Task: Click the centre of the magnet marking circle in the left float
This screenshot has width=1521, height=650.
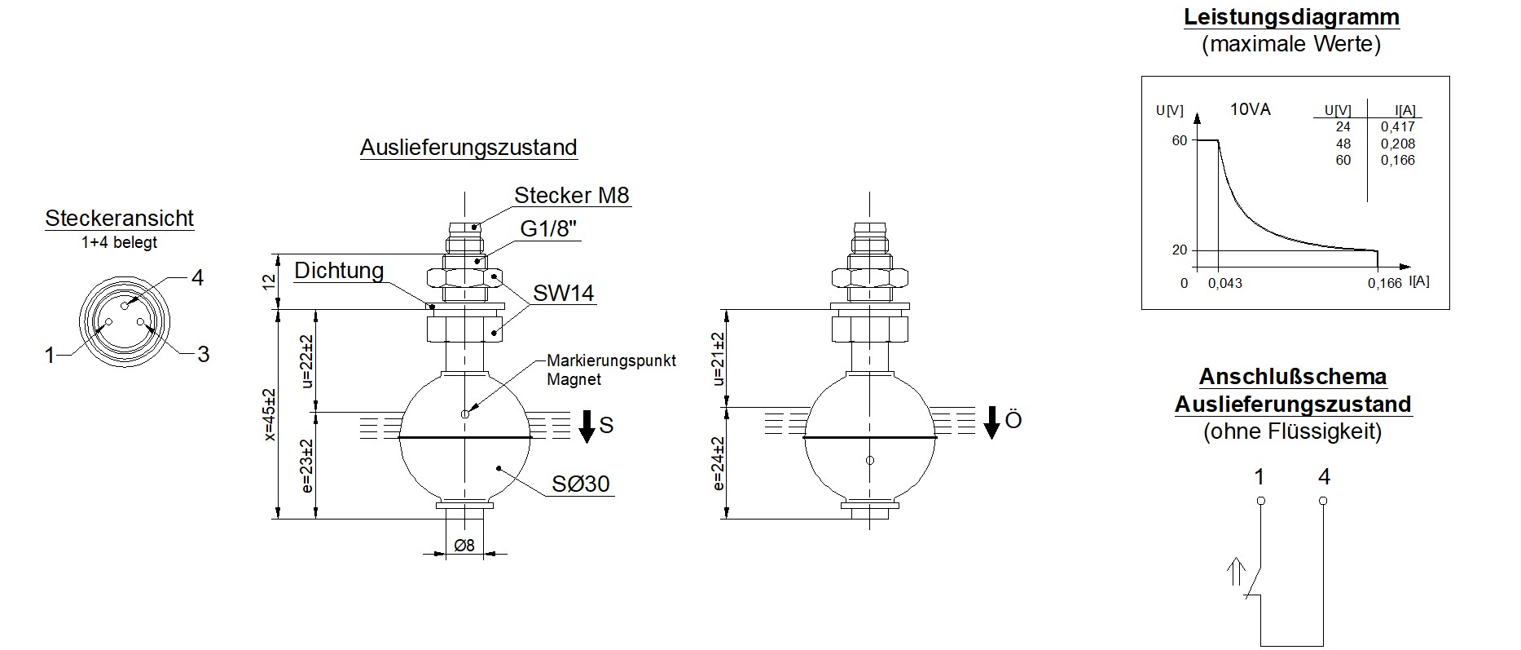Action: coord(464,414)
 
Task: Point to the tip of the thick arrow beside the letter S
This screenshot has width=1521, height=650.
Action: coord(587,443)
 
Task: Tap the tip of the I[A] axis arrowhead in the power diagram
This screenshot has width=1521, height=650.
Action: coord(1410,267)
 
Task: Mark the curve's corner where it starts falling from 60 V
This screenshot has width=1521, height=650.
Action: coord(1219,141)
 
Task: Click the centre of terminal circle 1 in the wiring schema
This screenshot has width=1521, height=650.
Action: coord(1260,501)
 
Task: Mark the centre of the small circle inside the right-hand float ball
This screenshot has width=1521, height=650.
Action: coord(870,461)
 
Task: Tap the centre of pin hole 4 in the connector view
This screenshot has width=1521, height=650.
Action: coord(125,306)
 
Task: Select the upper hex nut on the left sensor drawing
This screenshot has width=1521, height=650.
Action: coord(464,277)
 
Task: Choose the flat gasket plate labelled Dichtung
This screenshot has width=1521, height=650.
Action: coord(464,307)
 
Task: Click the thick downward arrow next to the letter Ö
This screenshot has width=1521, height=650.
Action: coord(991,422)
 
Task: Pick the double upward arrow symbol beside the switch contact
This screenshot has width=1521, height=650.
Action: coord(1237,573)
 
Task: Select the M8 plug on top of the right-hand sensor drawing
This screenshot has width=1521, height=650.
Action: coord(869,237)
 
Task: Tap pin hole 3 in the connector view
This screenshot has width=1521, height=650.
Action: coord(141,323)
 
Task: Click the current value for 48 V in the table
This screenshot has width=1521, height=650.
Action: coord(1398,144)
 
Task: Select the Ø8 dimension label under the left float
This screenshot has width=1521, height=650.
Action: coord(464,546)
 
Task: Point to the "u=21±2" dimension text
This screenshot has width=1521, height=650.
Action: coord(718,359)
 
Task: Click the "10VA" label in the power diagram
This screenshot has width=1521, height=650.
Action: coord(1251,109)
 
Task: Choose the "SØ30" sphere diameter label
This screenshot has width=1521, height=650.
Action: coord(580,484)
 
